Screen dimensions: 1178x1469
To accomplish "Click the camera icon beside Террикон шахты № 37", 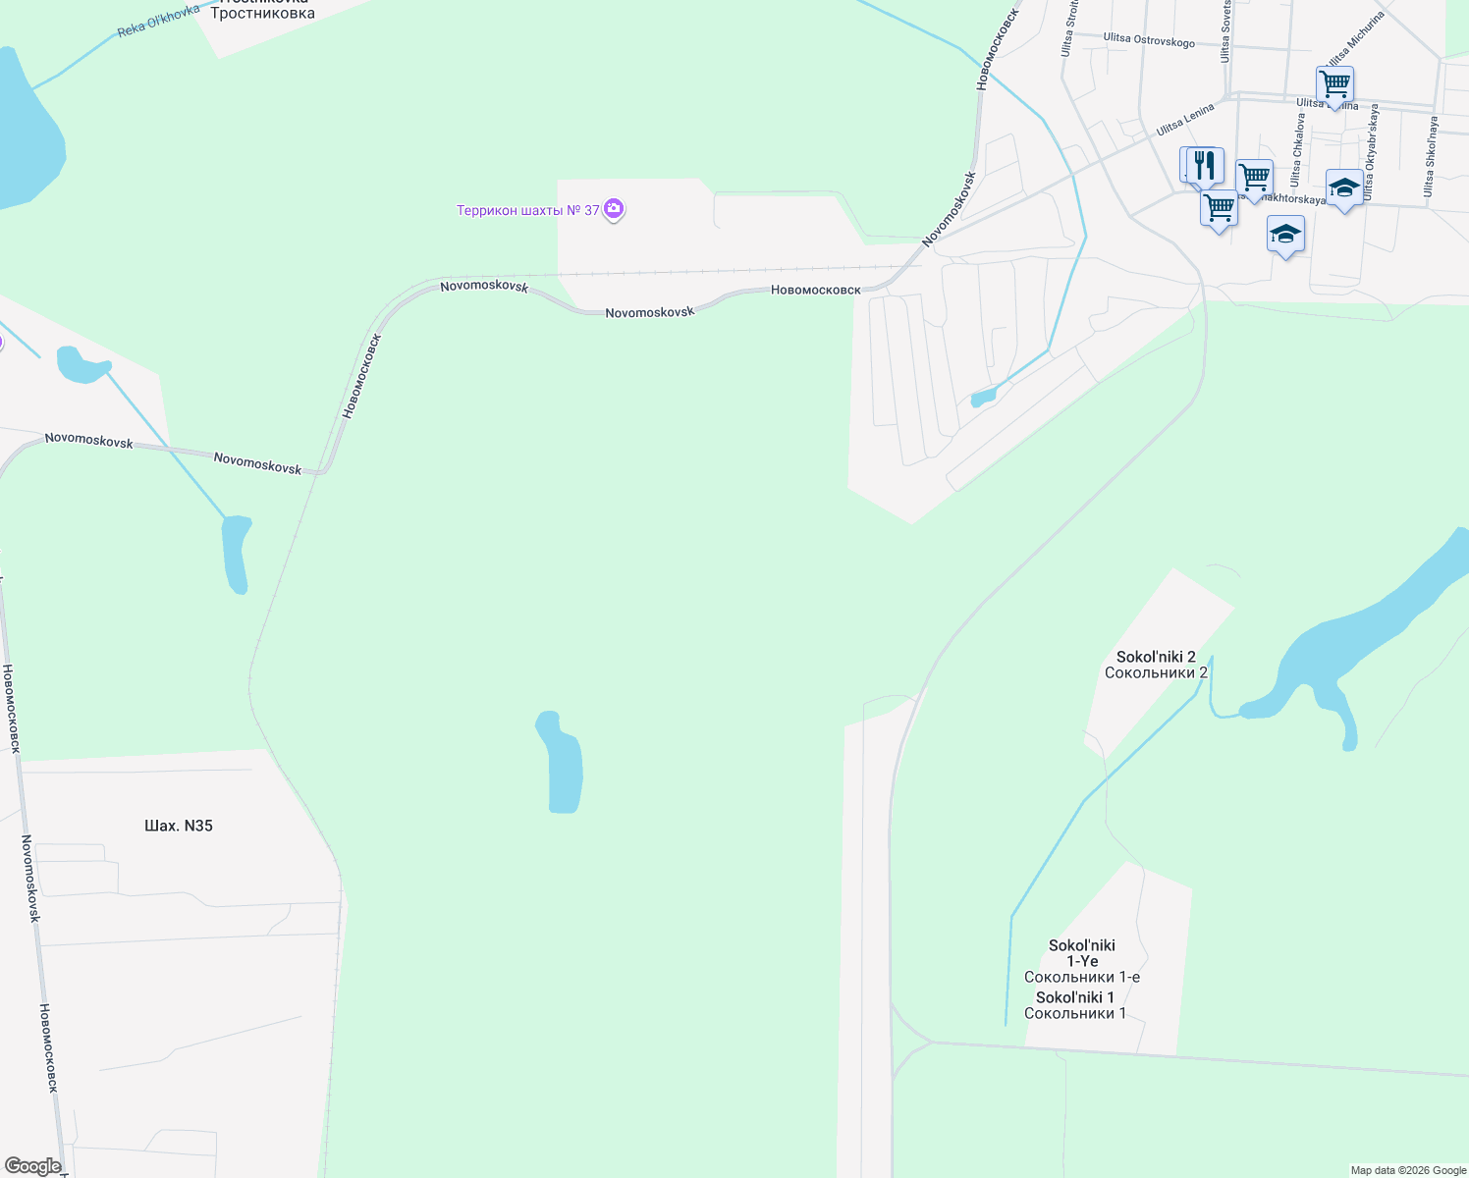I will point(614,209).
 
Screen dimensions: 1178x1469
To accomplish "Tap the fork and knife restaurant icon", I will point(1205,165).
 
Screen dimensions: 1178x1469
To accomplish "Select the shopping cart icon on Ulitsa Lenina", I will point(1334,85).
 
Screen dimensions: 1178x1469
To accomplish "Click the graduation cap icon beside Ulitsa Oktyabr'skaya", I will point(1343,187).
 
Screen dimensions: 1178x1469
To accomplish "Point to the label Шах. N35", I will point(179,826).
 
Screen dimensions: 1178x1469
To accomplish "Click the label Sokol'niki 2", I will point(1156,657).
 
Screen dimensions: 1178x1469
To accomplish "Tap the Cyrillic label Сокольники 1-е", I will point(1082,977).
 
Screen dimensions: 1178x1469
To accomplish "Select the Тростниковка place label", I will point(262,14).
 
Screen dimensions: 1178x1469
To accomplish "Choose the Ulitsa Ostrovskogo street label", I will point(1149,39).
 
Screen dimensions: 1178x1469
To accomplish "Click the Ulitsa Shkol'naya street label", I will point(1431,157).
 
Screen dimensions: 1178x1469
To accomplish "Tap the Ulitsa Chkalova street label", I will point(1298,149).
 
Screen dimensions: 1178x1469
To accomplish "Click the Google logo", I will point(33,1166).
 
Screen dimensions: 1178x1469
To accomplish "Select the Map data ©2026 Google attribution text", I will point(1408,1170).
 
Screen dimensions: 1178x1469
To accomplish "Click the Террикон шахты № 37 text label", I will point(528,210).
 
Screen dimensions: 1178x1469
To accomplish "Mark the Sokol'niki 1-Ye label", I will point(1082,953).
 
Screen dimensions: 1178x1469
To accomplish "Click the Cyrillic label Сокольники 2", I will point(1156,672).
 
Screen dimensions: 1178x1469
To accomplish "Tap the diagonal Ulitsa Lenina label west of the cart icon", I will point(1185,119).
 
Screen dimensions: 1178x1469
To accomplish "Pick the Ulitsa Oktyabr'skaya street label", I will point(1370,152).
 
